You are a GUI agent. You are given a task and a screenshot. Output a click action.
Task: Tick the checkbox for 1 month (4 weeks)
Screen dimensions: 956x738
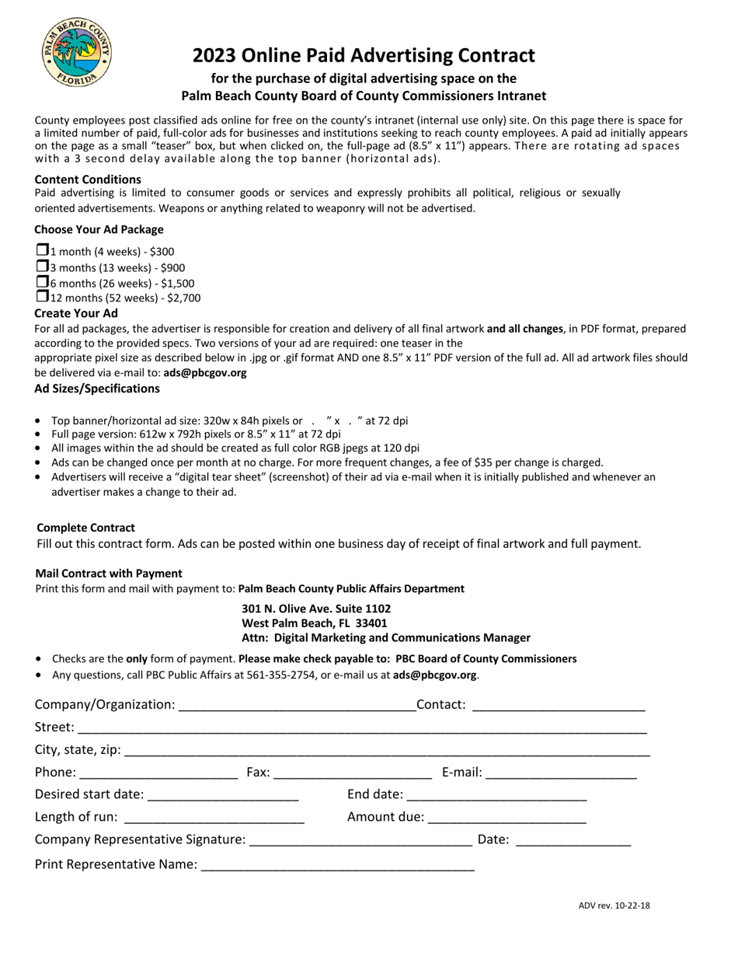tap(42, 250)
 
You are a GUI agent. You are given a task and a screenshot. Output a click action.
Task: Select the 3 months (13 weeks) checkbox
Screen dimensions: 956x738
tap(42, 266)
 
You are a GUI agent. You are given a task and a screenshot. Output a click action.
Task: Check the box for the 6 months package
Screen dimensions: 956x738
tap(42, 281)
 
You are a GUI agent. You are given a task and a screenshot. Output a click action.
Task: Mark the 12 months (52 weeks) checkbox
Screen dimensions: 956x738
tap(42, 296)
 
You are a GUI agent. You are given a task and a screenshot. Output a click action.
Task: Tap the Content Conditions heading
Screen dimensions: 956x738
tap(88, 180)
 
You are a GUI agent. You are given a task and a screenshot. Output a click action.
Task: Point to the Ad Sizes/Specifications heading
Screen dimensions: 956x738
tap(97, 388)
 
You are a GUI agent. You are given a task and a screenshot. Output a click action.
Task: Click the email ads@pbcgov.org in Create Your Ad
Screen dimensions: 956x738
tap(205, 373)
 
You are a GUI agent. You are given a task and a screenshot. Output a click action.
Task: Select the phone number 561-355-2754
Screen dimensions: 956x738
tap(282, 675)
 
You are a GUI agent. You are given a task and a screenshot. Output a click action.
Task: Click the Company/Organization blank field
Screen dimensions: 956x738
tap(296, 706)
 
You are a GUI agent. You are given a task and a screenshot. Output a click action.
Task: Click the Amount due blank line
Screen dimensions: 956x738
tap(507, 818)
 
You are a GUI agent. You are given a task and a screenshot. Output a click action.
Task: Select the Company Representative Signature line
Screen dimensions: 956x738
tap(361, 840)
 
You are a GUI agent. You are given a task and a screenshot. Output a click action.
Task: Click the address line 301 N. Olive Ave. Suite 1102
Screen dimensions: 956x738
tap(316, 609)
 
